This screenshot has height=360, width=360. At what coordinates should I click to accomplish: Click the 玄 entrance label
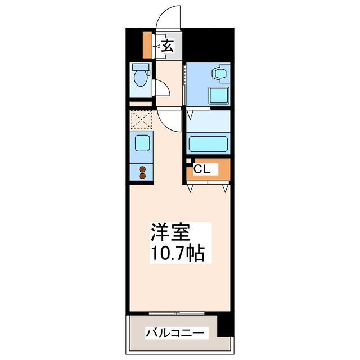point(167,46)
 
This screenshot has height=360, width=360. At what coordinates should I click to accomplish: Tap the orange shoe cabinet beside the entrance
point(148,46)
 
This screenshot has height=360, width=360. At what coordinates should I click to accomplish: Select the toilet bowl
point(138,77)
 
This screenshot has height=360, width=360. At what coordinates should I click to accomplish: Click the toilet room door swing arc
point(161,89)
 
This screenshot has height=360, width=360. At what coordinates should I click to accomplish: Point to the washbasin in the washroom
point(218,73)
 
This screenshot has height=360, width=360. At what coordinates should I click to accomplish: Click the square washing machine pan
point(219,95)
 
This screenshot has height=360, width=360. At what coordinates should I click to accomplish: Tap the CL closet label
point(202,168)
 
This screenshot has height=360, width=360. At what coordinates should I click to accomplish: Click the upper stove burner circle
point(142,169)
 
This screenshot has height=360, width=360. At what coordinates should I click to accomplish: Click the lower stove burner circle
point(142,176)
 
